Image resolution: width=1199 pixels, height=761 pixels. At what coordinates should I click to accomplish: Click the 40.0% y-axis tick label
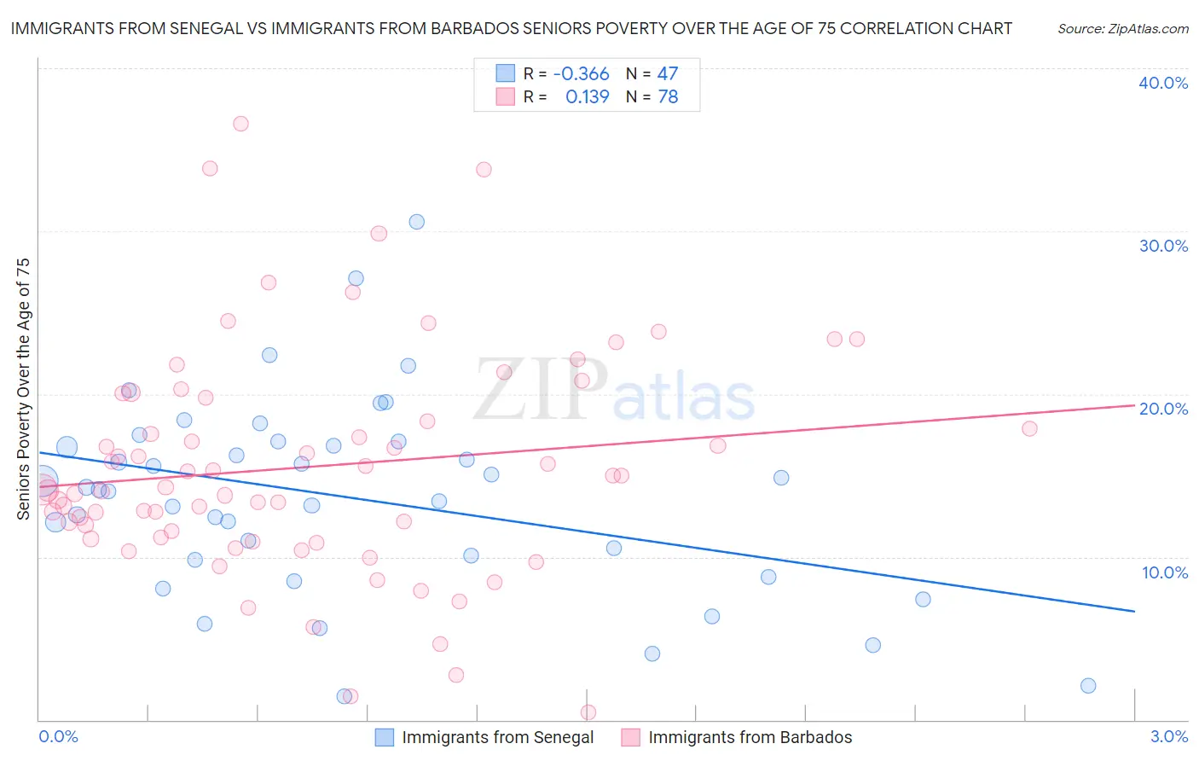[1163, 83]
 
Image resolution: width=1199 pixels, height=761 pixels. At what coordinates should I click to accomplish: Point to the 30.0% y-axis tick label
[1163, 246]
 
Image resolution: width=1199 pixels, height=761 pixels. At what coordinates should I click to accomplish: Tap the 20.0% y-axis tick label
[1163, 409]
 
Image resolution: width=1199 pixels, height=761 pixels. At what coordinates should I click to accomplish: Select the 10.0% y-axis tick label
[1165, 572]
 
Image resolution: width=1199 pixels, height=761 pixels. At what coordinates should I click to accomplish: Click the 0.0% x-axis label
[58, 736]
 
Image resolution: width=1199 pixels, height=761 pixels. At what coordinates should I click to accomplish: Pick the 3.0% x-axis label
[1169, 736]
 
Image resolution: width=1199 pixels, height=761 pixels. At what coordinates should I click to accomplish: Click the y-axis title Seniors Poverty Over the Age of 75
[23, 389]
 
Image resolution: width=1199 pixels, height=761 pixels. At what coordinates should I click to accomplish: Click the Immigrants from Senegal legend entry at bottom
[497, 737]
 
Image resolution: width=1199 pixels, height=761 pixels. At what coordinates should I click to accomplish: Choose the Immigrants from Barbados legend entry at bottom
[750, 737]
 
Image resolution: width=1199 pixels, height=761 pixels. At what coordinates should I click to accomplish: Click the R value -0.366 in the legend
[581, 74]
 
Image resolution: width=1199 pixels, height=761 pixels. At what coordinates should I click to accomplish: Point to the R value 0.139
[587, 97]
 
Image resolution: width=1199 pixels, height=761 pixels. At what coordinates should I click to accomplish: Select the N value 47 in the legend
[668, 74]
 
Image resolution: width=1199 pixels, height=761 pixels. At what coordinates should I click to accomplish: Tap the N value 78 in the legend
[668, 97]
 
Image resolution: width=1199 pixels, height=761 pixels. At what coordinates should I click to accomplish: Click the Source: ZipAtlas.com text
[1122, 29]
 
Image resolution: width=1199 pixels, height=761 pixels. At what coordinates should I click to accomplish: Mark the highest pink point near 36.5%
[240, 124]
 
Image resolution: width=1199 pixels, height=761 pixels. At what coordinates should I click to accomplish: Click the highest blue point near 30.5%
[416, 222]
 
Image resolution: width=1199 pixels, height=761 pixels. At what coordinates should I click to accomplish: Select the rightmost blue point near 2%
[1087, 686]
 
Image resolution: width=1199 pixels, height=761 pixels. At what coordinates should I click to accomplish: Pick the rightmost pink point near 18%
[1029, 428]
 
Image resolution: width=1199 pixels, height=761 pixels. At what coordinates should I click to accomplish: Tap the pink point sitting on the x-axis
[588, 712]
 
